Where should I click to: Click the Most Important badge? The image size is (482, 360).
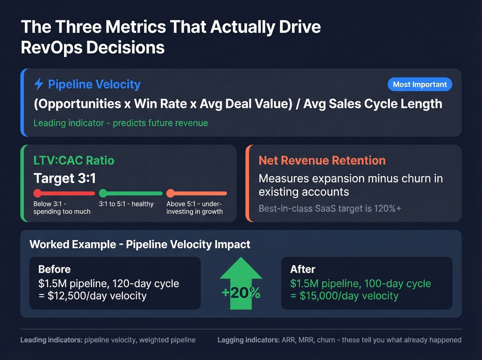tap(420, 84)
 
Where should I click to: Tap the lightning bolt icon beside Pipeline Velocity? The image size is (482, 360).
tap(39, 84)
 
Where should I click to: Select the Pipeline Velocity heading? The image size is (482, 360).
tap(94, 84)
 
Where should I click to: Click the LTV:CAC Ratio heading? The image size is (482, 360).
tap(74, 161)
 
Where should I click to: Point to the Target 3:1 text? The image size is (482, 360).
tap(65, 178)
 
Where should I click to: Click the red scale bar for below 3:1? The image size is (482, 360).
tap(64, 193)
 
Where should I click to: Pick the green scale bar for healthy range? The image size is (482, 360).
tap(130, 193)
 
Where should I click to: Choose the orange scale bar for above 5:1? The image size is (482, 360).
tap(197, 193)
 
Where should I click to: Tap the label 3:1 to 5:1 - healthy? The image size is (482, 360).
tap(126, 204)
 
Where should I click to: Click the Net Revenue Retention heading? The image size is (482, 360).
tap(322, 161)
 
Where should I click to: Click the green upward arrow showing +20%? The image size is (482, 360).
tap(241, 283)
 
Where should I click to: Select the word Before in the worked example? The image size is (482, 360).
tap(54, 269)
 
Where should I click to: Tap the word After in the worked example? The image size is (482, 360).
tap(303, 269)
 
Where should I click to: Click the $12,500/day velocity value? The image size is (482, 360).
tap(97, 296)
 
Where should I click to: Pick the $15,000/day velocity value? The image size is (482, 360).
tap(349, 296)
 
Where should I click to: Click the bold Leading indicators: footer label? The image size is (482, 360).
tap(51, 340)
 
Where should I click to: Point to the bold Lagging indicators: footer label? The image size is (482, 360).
tap(249, 340)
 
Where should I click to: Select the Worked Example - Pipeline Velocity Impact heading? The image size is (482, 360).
tap(140, 244)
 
